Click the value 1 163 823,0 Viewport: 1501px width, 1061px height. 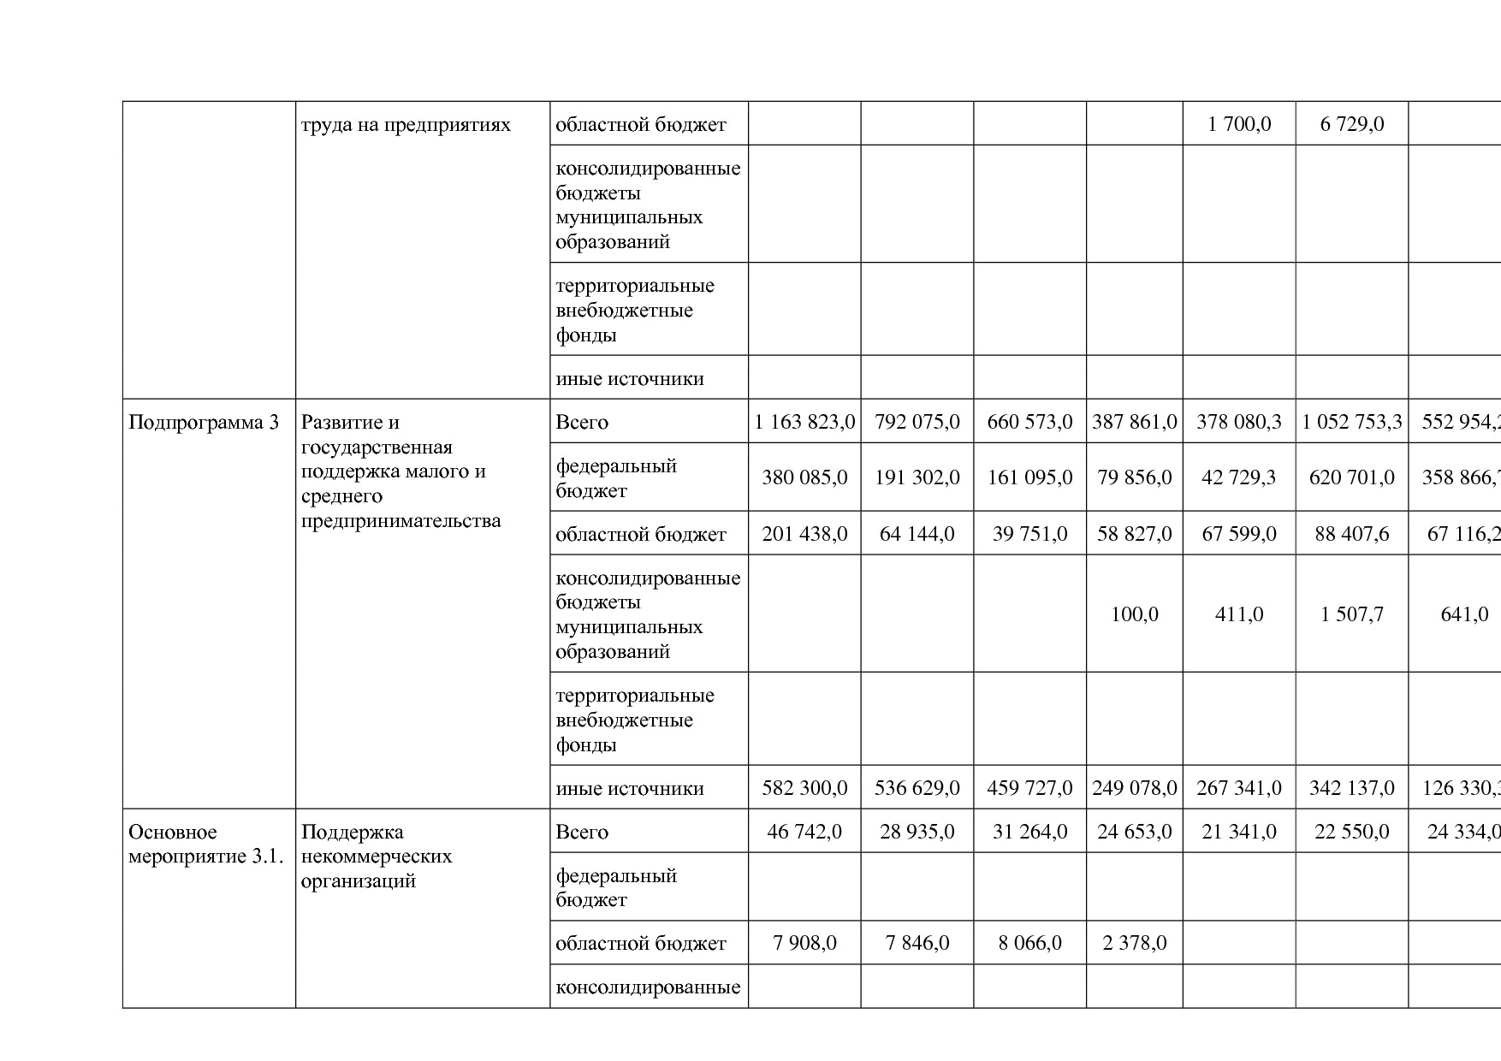coord(804,422)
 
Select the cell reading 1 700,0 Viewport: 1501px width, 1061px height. coord(1238,124)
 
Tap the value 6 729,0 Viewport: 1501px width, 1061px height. coord(1351,124)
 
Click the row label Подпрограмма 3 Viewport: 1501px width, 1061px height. coord(204,422)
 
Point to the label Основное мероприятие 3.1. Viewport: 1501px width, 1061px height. coord(205,844)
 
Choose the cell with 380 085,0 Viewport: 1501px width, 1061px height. coord(804,477)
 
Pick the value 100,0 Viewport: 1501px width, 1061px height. coord(1134,614)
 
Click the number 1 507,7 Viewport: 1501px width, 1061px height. coord(1351,614)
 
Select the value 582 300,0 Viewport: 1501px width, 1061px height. coord(804,788)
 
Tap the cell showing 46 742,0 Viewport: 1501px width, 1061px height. coord(804,832)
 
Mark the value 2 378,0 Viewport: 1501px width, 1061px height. coord(1134,943)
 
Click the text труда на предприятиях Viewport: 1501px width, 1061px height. coord(406,125)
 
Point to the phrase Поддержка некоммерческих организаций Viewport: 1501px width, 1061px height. coord(377,856)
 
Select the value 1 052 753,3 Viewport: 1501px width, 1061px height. coord(1351,422)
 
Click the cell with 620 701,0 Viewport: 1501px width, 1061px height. coord(1351,477)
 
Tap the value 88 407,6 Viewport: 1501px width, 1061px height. coord(1351,534)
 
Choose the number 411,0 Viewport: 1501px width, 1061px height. coord(1238,614)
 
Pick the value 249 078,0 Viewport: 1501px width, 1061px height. coord(1134,788)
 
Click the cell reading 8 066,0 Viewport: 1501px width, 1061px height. coord(1029,943)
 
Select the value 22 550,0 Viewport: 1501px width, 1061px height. coord(1351,832)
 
